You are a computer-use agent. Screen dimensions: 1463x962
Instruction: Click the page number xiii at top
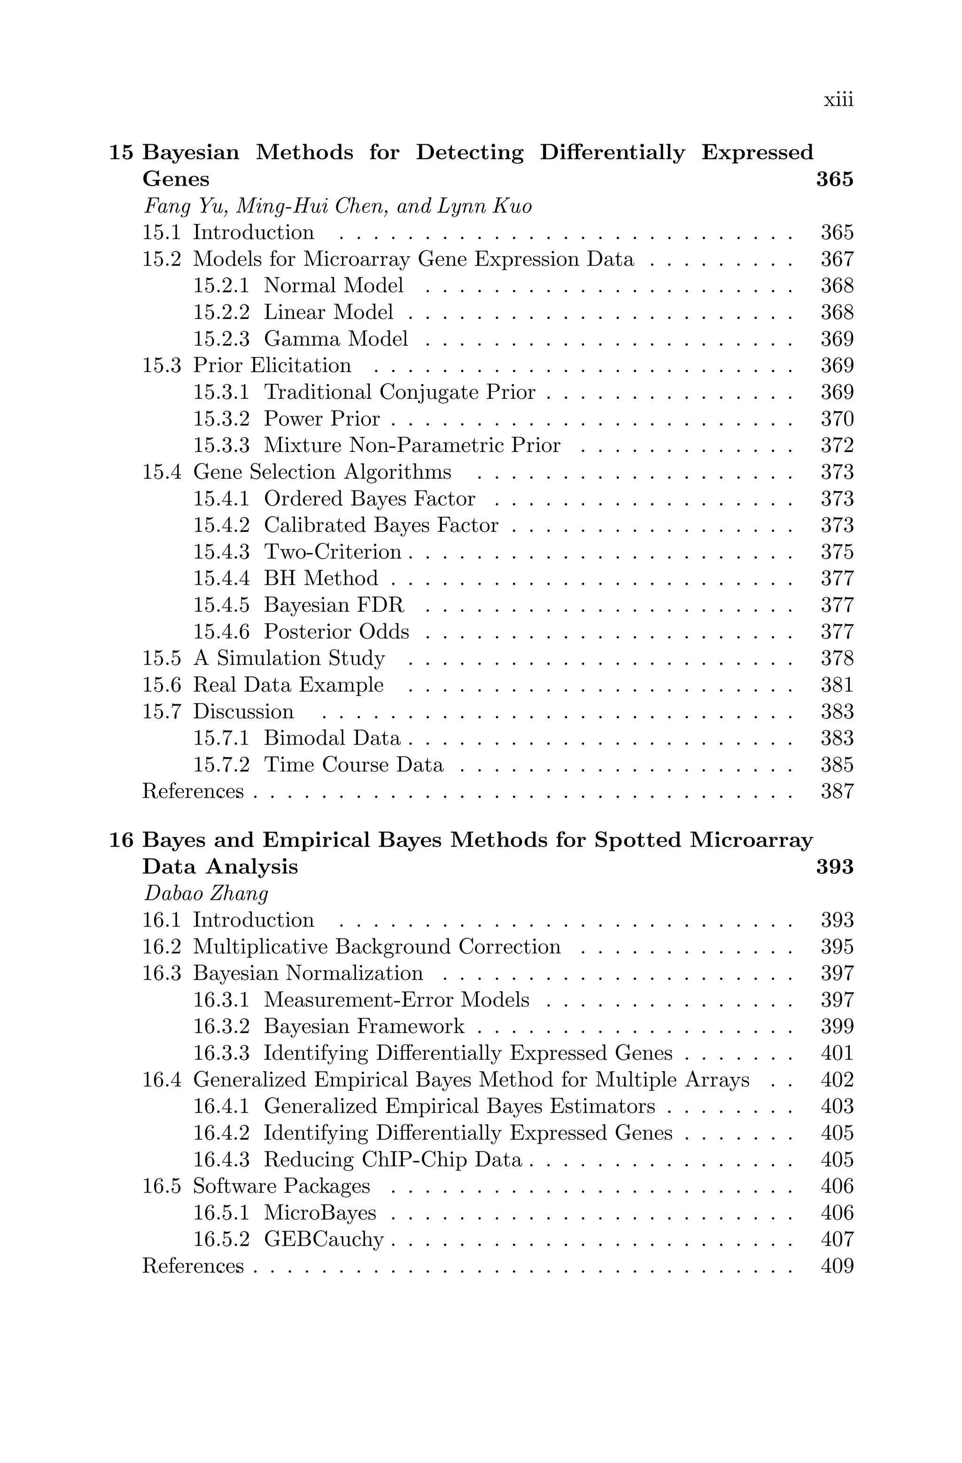click(x=838, y=100)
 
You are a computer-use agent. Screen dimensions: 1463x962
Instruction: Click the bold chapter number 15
click(x=121, y=152)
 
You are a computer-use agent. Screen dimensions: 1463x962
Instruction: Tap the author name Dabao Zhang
click(x=205, y=893)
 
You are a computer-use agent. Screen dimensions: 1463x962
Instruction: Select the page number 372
click(x=837, y=445)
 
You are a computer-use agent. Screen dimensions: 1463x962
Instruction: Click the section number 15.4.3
click(x=221, y=552)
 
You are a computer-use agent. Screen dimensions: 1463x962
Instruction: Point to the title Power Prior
click(x=321, y=419)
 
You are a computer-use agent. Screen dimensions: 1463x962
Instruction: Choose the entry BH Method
click(x=321, y=578)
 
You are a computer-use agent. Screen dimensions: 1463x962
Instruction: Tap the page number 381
click(x=837, y=685)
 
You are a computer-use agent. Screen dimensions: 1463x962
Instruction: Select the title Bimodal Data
click(x=332, y=738)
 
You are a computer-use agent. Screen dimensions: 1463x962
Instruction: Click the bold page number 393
click(x=834, y=867)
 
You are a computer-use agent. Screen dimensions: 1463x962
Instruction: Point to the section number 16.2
click(x=162, y=947)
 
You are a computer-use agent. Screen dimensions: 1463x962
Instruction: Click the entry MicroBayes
click(x=319, y=1213)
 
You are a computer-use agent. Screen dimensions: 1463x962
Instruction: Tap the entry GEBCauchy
click(x=323, y=1239)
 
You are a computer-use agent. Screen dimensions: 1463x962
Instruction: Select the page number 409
click(x=837, y=1266)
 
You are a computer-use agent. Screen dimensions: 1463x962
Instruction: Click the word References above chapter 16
click(x=193, y=791)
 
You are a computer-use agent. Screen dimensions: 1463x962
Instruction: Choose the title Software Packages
click(x=281, y=1186)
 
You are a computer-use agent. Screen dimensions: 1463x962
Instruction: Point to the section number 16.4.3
click(x=221, y=1160)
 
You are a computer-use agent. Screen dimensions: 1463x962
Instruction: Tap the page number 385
click(x=837, y=765)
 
